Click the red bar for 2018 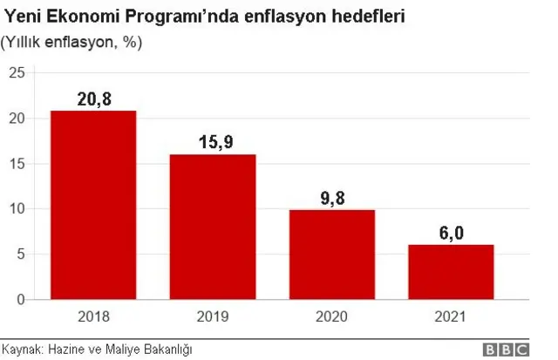[93, 205]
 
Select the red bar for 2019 [213, 227]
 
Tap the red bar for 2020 [332, 255]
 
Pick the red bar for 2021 [451, 272]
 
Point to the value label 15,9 [213, 142]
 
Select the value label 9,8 [332, 198]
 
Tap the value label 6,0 [451, 233]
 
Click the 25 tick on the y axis [17, 73]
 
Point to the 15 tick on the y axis [17, 164]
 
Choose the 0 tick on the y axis [20, 300]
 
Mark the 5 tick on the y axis [20, 255]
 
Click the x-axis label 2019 [213, 316]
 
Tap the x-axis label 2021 [451, 316]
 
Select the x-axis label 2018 [93, 316]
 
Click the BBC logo [506, 349]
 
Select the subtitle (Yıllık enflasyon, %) [71, 42]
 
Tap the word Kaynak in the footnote [22, 349]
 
